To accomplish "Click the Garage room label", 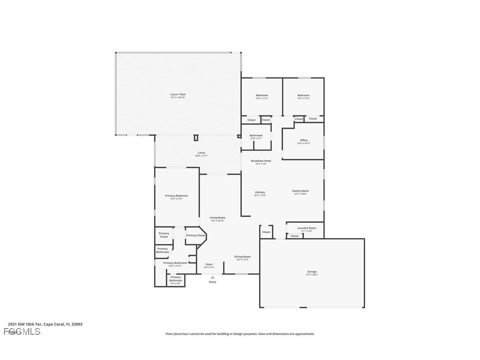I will click(312, 272).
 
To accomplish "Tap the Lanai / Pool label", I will click(178, 94).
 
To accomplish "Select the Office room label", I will click(304, 140).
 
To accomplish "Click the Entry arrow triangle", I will click(213, 277).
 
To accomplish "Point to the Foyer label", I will click(209, 264).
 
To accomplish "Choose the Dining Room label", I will click(243, 257).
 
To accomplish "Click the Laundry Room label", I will click(306, 228).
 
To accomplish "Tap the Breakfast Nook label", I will click(261, 161).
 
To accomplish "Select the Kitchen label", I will click(260, 192).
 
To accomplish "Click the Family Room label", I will click(300, 191).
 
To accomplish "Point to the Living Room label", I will click(217, 218).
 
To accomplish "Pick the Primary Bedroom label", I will click(176, 195).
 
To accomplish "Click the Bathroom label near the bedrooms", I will click(256, 135).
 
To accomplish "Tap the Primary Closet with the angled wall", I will click(195, 235).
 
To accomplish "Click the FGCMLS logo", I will click(22, 331).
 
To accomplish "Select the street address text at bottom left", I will click(45, 324).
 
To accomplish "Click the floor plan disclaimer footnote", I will click(240, 334).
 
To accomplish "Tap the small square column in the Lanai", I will click(196, 138).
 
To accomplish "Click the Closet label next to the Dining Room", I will click(266, 232).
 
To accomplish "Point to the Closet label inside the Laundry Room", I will click(294, 236).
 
